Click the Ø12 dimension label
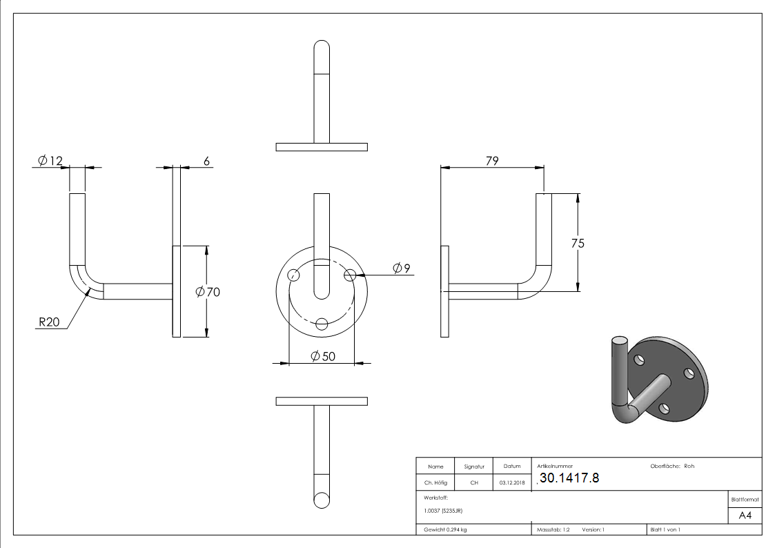[50, 161]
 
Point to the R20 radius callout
[48, 322]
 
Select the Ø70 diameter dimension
[208, 292]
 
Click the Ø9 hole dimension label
[402, 268]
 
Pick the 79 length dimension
[492, 161]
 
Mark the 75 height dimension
[578, 243]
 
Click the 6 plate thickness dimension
[206, 161]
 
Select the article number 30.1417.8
[569, 478]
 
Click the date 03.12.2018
[512, 482]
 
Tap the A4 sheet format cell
[745, 515]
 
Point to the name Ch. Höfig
[435, 482]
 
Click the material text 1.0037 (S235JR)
[443, 511]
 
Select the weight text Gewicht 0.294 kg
[445, 529]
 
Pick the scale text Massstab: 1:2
[553, 529]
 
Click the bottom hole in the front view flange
[322, 323]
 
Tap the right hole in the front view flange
[350, 274]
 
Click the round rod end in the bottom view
[322, 500]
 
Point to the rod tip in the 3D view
[619, 342]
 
